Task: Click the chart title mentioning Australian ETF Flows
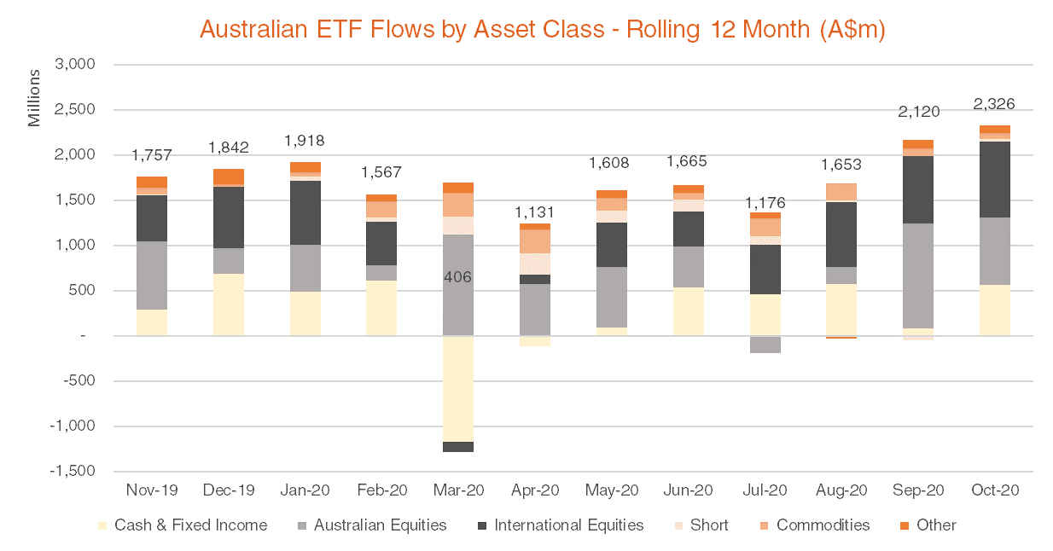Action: tap(542, 30)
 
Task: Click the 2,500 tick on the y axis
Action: tap(74, 110)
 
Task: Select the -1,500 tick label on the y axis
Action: tap(72, 472)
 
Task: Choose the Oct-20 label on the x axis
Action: tap(995, 490)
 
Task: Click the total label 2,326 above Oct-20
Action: tap(994, 105)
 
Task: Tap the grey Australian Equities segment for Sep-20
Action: tap(918, 275)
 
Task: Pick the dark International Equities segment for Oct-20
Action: tap(995, 179)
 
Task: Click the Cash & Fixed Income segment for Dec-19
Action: tap(229, 304)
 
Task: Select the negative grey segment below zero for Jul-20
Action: tap(765, 345)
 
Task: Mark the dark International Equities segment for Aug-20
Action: tap(842, 235)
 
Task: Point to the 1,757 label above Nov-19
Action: tap(152, 155)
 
